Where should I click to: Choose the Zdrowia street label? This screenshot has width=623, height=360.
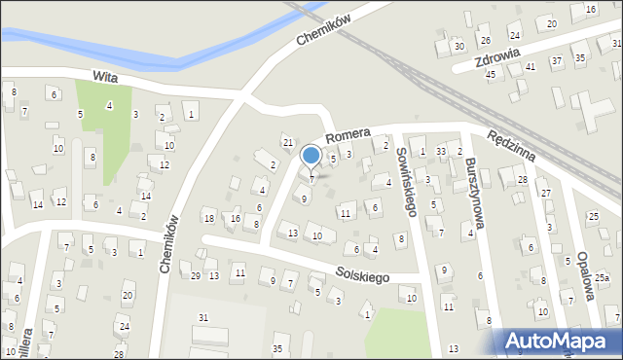pos(492,59)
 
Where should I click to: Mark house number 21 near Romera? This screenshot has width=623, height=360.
pos(287,143)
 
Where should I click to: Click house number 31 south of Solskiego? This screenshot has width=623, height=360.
pos(202,318)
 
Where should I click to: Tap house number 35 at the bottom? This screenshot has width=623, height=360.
pos(277,348)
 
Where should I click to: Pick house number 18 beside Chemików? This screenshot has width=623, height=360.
pos(208,217)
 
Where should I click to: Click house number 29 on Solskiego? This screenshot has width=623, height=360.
pos(196,277)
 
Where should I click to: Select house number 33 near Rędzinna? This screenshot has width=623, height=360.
pos(440,151)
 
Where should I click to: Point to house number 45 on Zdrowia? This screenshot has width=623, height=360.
pos(491,74)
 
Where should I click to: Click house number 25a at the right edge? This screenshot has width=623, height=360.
pos(602,278)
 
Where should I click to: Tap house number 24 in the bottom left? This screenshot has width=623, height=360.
pos(123,327)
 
